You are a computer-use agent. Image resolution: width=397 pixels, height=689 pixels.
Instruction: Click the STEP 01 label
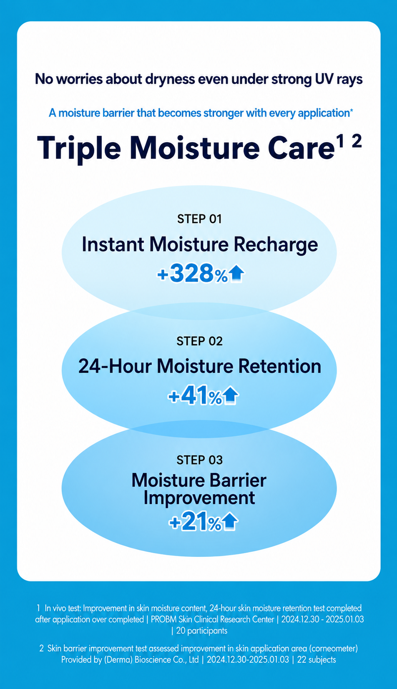(x=199, y=219)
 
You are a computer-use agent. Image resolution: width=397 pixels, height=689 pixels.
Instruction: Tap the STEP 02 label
(x=199, y=341)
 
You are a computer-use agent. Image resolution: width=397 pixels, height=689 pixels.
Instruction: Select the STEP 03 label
(x=199, y=460)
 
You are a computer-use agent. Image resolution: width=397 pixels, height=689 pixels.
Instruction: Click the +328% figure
(x=193, y=273)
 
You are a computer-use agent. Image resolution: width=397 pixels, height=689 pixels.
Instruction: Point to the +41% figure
(x=195, y=396)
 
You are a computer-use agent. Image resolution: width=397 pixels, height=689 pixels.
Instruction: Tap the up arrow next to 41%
(x=230, y=395)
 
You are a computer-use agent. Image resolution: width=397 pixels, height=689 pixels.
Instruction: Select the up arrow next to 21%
(x=230, y=522)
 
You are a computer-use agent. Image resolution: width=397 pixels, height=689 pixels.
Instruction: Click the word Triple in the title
(x=79, y=148)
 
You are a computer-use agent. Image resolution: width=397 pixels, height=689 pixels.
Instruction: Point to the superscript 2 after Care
(x=357, y=142)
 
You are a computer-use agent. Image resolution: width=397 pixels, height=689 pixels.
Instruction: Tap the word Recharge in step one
(x=276, y=245)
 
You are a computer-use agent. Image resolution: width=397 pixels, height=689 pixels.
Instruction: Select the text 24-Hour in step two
(x=115, y=366)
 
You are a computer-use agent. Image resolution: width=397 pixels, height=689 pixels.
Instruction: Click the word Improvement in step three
(x=199, y=498)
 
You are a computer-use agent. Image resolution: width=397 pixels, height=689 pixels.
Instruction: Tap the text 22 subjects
(x=317, y=659)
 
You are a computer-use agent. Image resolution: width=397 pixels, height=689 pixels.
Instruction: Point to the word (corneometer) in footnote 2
(x=333, y=649)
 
